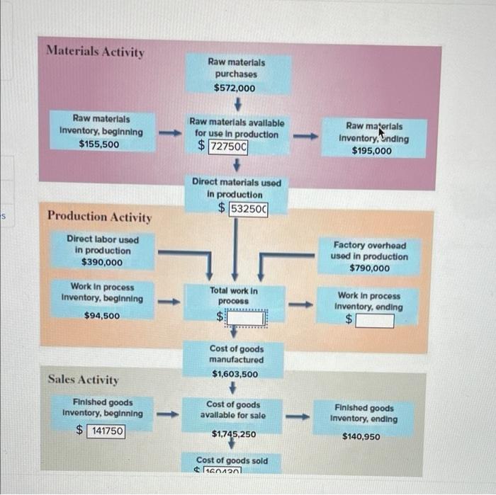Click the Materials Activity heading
94,52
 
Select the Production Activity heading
98,217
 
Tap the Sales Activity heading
83,380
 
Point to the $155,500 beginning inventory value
99,144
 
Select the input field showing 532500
249,208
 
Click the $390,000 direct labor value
102,262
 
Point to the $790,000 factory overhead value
369,268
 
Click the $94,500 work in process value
102,316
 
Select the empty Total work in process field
245,319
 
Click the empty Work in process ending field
374,321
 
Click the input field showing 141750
106,431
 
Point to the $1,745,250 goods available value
235,433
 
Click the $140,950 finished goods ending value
361,436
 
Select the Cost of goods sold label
232,460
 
